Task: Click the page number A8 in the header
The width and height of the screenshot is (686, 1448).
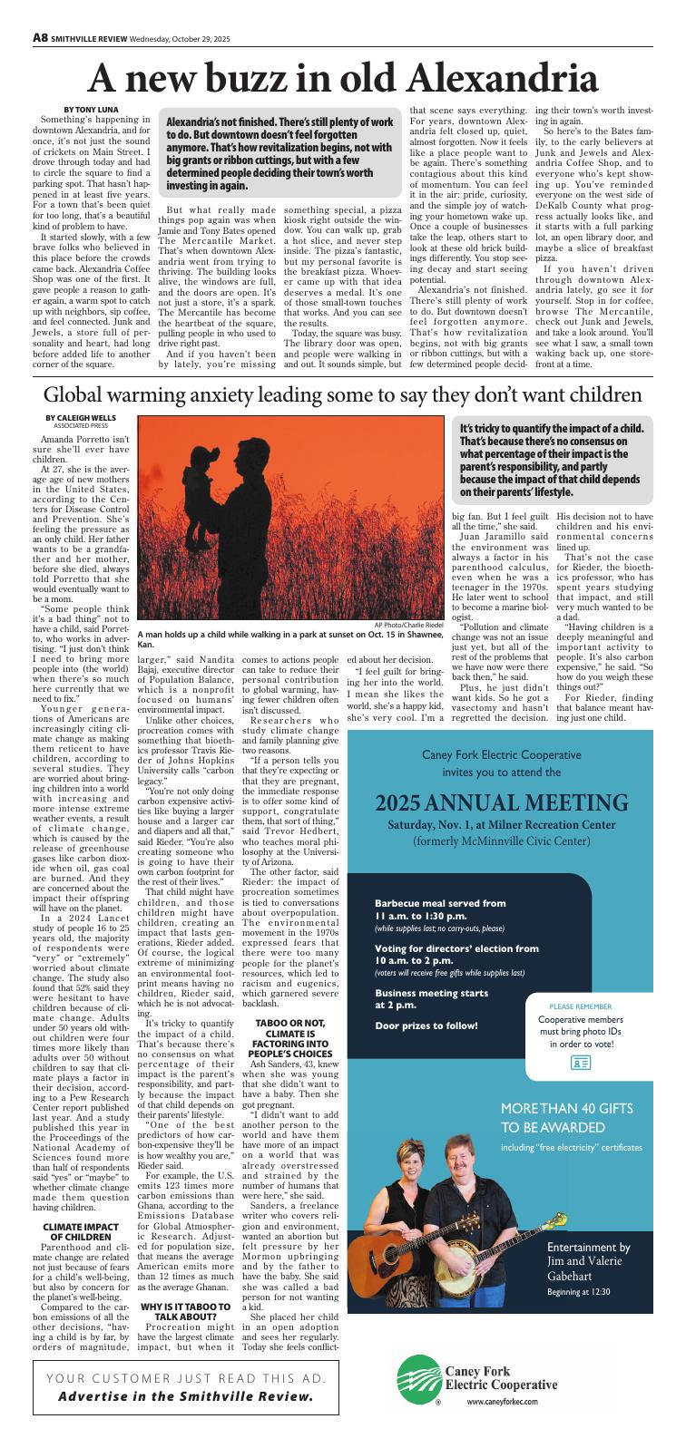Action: coord(40,37)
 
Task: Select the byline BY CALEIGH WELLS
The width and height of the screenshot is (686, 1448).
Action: coord(77,416)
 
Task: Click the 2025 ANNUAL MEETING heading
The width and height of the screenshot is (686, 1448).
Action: coord(502,802)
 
